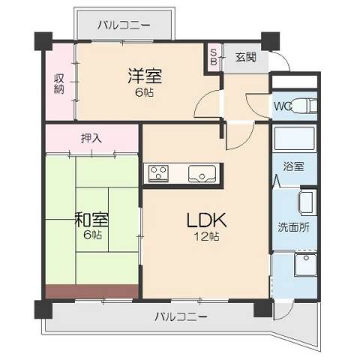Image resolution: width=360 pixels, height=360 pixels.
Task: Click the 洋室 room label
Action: click(x=145, y=76)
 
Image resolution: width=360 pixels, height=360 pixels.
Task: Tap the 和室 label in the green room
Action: click(x=92, y=219)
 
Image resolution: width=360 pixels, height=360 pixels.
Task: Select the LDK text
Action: click(x=207, y=220)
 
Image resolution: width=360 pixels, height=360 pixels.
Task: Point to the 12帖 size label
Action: click(x=207, y=236)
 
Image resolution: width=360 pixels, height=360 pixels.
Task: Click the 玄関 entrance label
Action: click(x=246, y=57)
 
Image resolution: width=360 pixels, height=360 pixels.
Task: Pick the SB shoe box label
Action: click(x=213, y=57)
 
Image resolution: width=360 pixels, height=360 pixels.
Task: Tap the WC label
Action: click(x=283, y=106)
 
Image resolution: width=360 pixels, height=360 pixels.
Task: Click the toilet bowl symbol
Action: click(x=304, y=106)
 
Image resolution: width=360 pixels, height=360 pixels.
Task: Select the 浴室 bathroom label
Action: click(x=293, y=166)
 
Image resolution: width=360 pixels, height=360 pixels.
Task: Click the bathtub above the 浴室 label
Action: click(x=294, y=138)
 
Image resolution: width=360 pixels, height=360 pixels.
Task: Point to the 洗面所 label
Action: click(x=293, y=227)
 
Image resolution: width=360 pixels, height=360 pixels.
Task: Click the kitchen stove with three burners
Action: click(x=158, y=173)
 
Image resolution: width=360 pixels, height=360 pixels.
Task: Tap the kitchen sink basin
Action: click(x=202, y=173)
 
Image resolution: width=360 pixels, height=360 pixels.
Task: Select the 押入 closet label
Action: click(x=91, y=138)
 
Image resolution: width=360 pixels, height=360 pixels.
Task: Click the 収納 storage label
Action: click(x=59, y=84)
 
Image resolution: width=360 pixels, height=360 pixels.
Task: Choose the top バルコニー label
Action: click(x=124, y=25)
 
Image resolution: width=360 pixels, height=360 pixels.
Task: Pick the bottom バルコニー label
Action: click(x=181, y=317)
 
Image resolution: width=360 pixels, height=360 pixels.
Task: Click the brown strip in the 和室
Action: click(x=91, y=292)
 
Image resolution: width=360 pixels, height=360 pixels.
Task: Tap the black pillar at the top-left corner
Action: click(x=43, y=41)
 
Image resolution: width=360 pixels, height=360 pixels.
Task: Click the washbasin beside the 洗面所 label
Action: click(x=307, y=203)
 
